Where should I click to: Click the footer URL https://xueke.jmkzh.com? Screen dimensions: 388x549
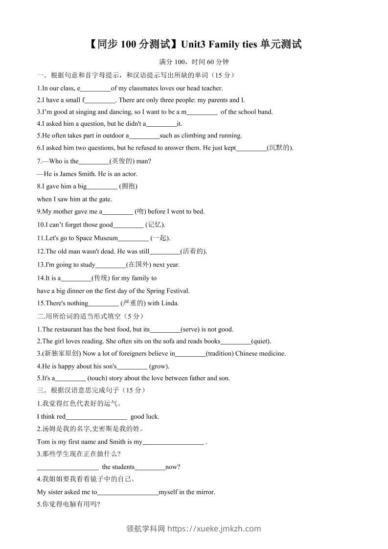[x=214, y=528]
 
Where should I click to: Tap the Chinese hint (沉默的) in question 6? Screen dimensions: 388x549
[x=279, y=148]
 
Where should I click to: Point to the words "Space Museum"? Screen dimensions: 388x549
[x=99, y=238]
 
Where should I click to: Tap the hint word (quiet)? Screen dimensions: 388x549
[x=261, y=342]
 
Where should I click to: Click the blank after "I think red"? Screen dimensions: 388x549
[x=96, y=417]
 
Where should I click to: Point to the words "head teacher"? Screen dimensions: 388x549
[x=205, y=89]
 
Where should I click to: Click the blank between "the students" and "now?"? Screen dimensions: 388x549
[x=150, y=467]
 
